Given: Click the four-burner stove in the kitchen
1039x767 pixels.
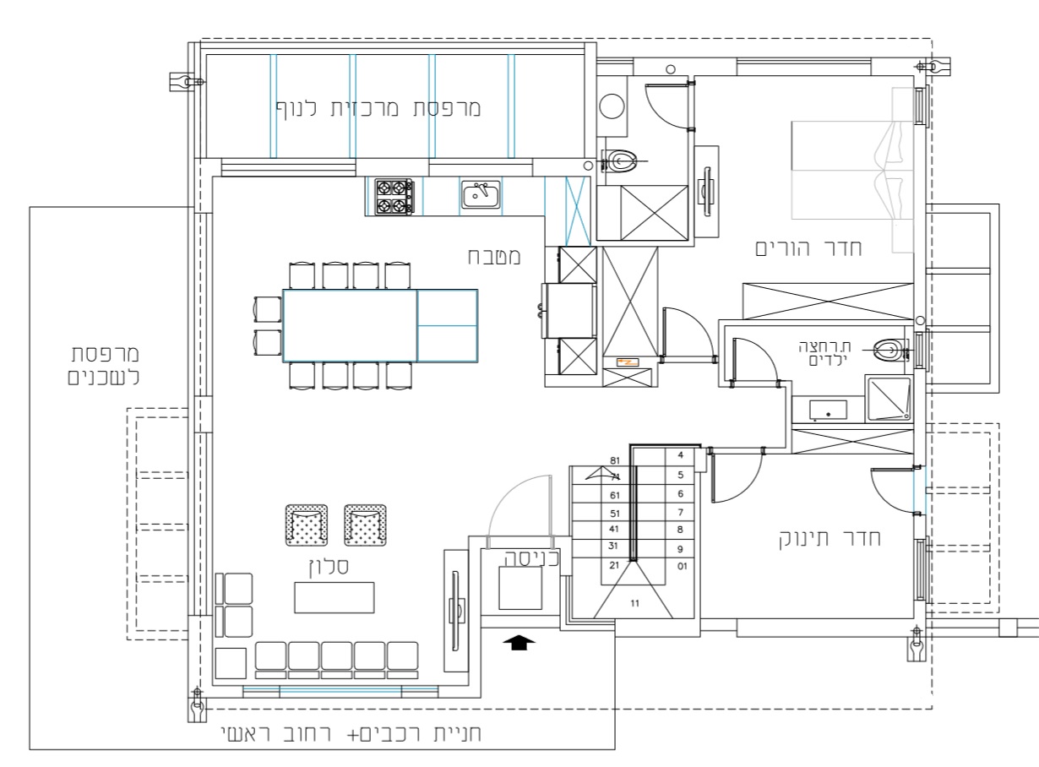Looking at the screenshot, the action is point(394,197).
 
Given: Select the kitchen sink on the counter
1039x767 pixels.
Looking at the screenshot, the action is point(481,194).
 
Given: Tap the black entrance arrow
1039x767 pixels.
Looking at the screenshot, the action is point(519,642).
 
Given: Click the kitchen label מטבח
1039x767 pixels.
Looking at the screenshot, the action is point(494,257).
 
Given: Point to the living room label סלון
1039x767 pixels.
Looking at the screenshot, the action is point(329,567).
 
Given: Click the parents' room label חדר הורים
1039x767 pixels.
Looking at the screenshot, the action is point(808,248).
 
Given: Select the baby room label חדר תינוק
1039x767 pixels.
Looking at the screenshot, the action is point(830,538).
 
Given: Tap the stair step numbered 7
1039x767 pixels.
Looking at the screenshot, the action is point(681,512).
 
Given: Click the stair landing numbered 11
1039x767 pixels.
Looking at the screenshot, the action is point(634,603).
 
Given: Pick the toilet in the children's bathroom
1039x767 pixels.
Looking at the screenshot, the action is point(891,350).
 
